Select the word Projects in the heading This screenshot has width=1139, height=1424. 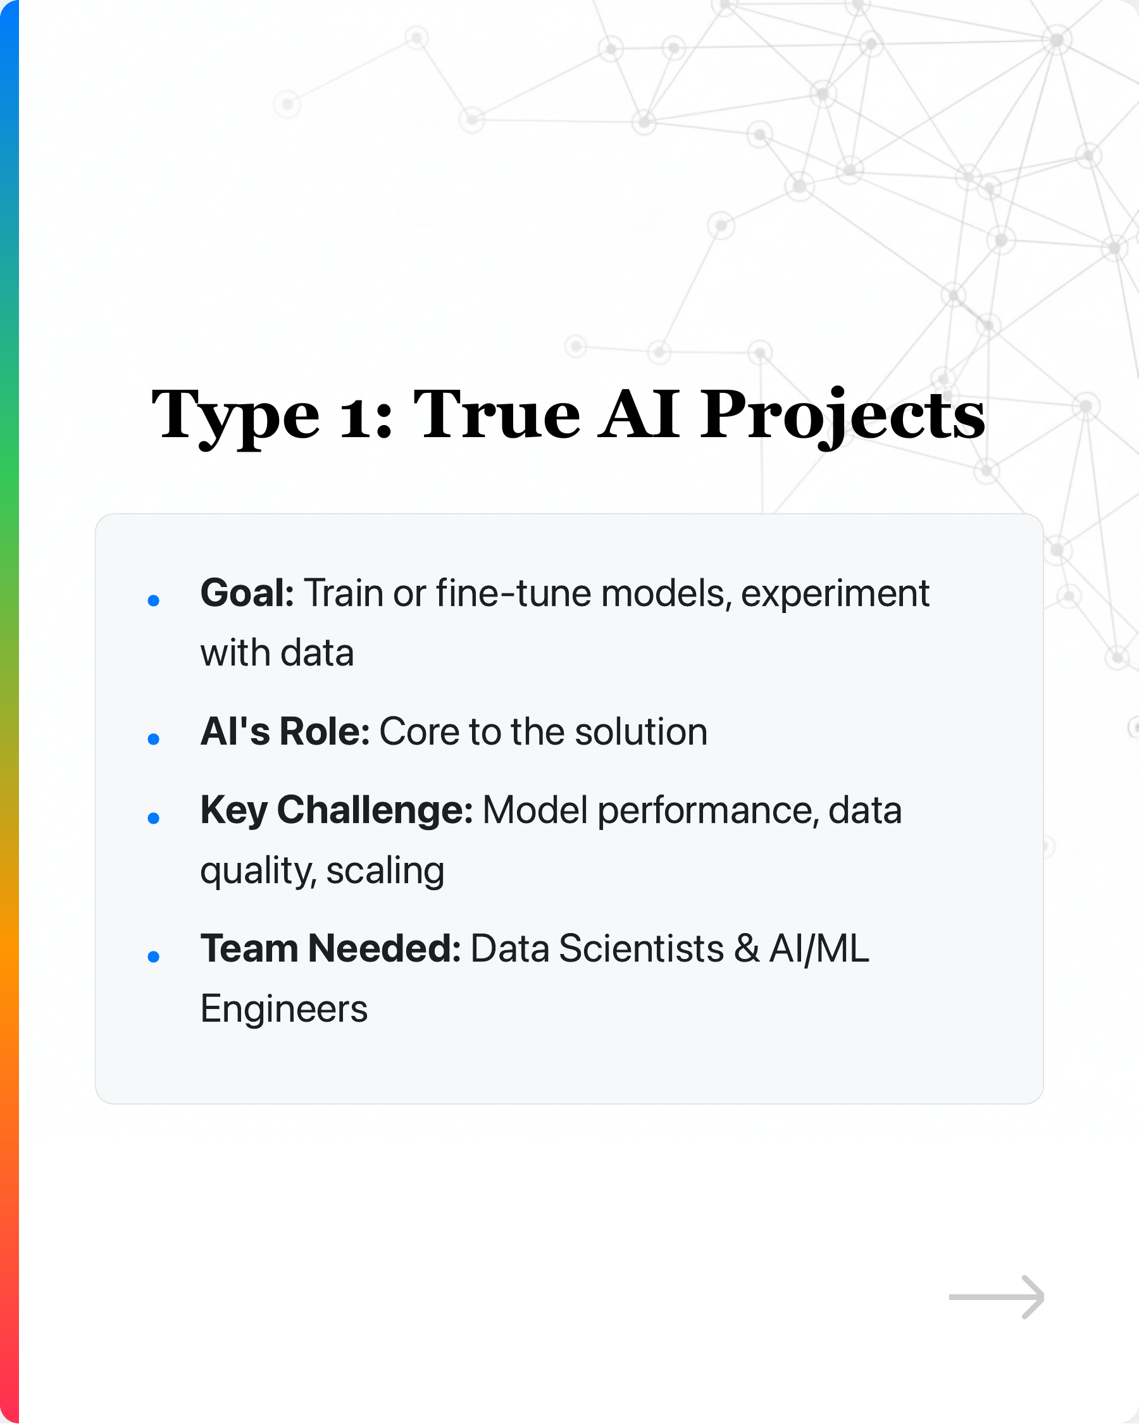point(842,416)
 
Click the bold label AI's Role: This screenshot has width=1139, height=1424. point(285,732)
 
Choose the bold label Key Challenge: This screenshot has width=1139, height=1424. point(336,811)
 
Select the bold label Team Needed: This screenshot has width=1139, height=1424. point(330,949)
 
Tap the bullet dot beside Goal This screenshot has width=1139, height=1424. point(154,601)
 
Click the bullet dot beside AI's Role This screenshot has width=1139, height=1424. point(154,740)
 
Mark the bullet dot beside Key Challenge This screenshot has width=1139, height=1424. point(154,819)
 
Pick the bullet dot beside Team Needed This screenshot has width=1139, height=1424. point(154,957)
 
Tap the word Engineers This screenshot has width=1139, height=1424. point(284,1009)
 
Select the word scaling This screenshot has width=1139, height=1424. point(385,871)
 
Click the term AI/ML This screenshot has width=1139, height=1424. point(819,949)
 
